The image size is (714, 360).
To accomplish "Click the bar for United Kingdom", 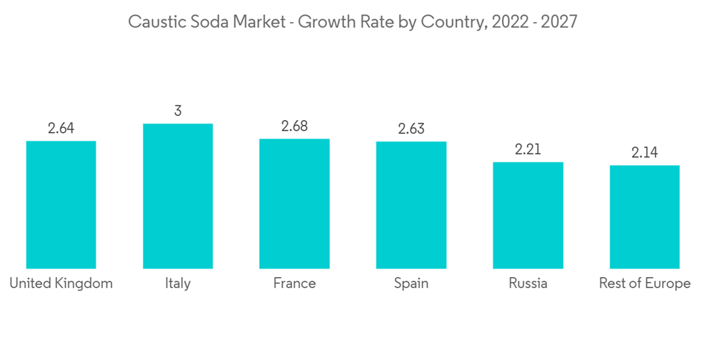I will pos(61,204).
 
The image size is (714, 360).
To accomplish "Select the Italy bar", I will pos(178,196).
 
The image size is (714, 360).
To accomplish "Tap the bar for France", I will pos(294,204).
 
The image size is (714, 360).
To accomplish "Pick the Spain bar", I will pos(411,205).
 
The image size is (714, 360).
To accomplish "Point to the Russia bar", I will pos(528,215).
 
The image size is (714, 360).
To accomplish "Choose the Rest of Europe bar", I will pos(644,217).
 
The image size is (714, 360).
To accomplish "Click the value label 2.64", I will pos(61,129).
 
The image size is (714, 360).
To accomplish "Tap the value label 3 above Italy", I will pos(178,111).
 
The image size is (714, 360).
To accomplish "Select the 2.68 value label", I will pos(294,126).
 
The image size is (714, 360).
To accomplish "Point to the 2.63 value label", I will pos(411,129).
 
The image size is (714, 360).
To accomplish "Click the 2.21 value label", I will pos(528,150).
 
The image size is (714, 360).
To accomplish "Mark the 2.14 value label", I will pos(644,153).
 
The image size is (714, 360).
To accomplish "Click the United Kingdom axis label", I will pos(61,284).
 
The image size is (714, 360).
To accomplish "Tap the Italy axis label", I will pos(178,284).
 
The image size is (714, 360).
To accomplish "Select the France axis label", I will pos(294,284).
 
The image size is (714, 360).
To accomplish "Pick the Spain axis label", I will pos(411,284).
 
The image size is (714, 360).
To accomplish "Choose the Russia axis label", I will pos(528,284).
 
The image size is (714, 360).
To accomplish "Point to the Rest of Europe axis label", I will pos(644,284).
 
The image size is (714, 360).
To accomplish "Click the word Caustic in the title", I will pos(154,22).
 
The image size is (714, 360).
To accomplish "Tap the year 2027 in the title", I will pos(558,22).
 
